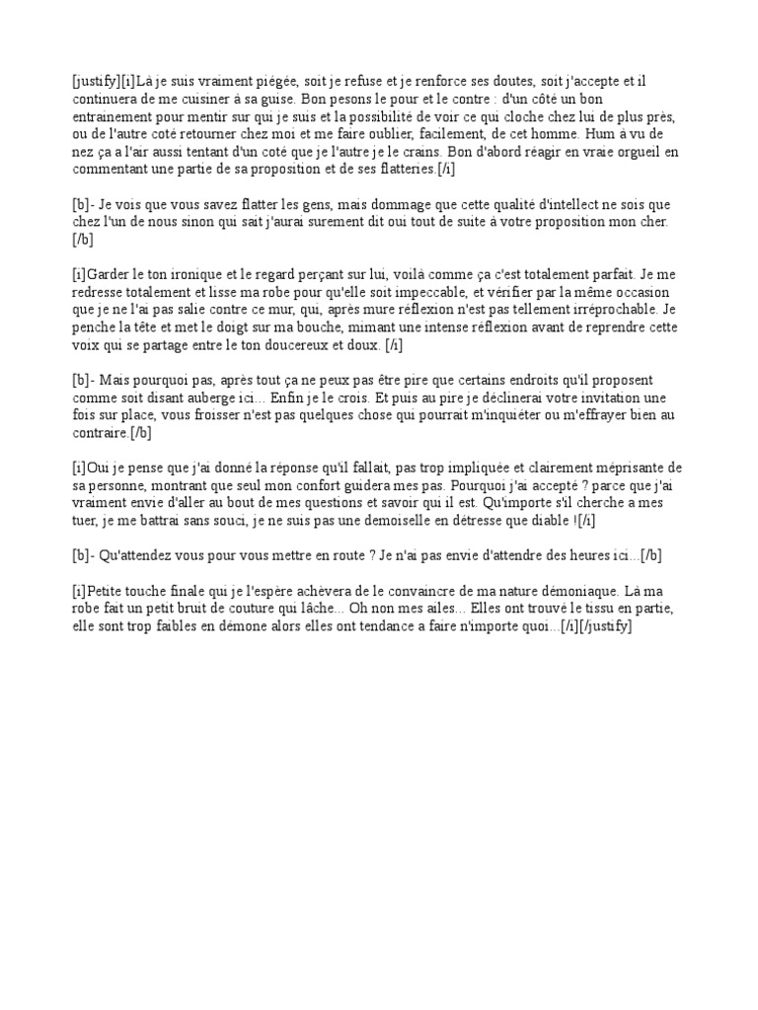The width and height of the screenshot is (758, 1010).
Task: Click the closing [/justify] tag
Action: point(597,627)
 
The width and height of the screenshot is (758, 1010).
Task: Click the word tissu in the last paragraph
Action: point(588,609)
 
